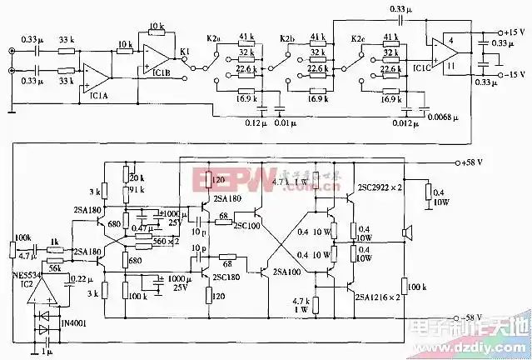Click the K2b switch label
[287, 38]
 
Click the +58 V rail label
[475, 162]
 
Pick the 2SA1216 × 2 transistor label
[384, 297]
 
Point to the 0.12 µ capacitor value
[255, 123]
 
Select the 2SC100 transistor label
[246, 225]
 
